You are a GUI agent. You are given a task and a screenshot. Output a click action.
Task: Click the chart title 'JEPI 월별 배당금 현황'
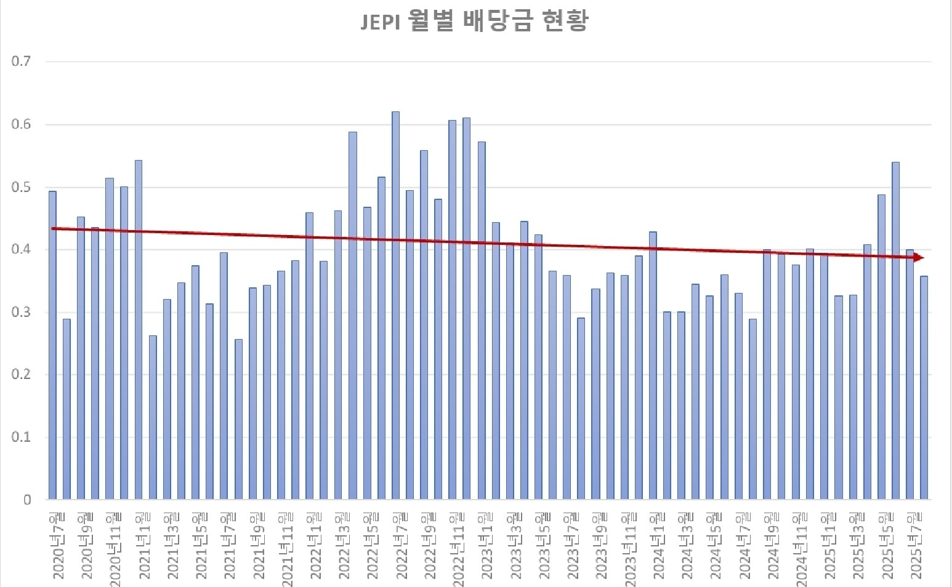coord(474,22)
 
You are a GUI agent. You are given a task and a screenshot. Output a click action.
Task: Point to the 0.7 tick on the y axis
coord(21,62)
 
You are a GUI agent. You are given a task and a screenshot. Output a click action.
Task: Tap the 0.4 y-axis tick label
coord(21,250)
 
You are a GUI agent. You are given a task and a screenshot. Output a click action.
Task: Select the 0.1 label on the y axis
coord(21,437)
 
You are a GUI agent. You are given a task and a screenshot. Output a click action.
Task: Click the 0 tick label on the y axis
coord(27,500)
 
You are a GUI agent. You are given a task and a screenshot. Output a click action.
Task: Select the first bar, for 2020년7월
coord(52,345)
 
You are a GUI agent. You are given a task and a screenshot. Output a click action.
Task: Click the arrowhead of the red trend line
coord(919,257)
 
